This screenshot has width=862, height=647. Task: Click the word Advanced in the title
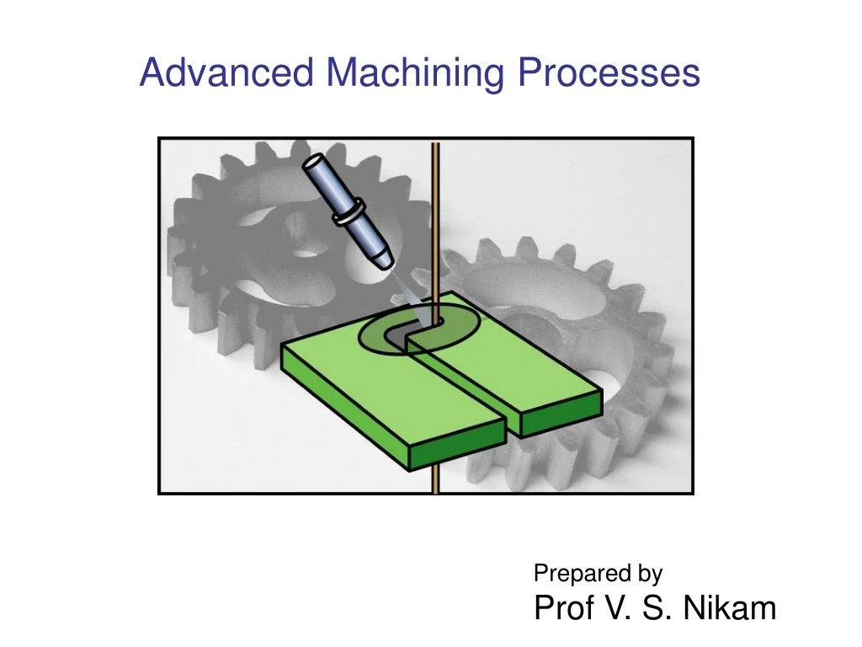tap(228, 72)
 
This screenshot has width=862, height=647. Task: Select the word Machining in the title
tap(415, 72)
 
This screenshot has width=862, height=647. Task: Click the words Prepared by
tap(598, 574)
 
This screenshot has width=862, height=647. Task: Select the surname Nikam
tap(729, 607)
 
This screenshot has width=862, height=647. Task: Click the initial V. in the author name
tap(618, 607)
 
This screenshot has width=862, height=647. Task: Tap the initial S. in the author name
tap(657, 607)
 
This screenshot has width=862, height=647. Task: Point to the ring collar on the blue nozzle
tap(348, 211)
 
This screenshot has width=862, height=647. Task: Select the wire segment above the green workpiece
tap(435, 219)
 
